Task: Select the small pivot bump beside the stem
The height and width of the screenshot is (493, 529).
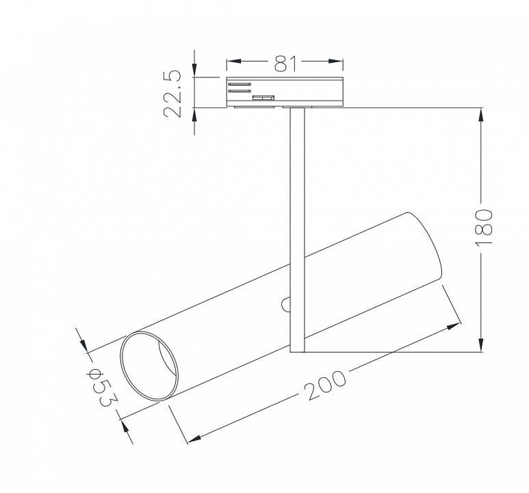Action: tap(286, 304)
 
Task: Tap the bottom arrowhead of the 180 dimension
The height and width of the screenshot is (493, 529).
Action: tap(483, 346)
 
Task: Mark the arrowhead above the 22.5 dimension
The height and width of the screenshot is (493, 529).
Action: tap(195, 71)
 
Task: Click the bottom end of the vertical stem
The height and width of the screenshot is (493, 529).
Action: tap(297, 351)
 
